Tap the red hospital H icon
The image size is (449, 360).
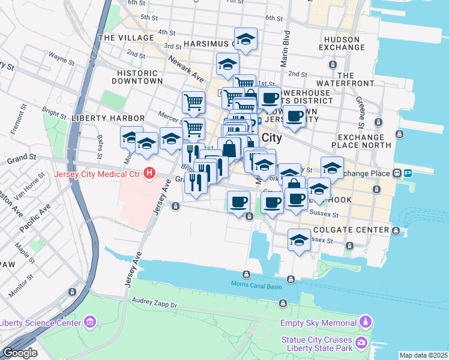click(149, 175)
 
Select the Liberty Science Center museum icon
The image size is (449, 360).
click(90, 323)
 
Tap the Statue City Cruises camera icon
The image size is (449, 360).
click(361, 343)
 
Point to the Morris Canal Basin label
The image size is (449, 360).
click(256, 284)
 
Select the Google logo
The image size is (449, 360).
click(20, 353)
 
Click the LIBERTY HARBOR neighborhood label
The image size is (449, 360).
click(107, 118)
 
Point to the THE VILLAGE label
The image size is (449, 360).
click(122, 37)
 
